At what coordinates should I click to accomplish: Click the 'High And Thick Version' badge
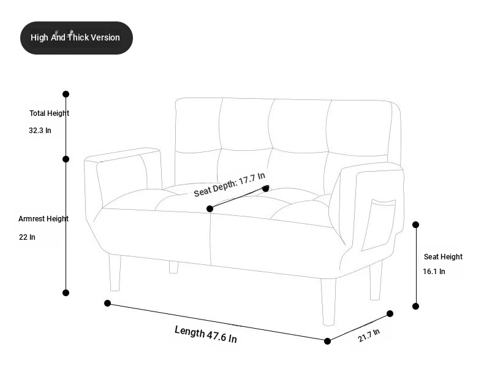point(77,37)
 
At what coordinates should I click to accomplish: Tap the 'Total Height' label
point(50,113)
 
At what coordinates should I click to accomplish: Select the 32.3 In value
point(40,131)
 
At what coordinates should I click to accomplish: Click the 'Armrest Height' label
point(43,219)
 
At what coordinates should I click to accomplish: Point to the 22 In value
point(27,237)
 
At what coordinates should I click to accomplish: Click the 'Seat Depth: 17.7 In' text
point(229,185)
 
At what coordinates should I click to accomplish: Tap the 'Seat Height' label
point(443,257)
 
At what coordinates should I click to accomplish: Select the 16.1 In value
point(434,271)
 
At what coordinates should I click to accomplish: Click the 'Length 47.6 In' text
point(206,334)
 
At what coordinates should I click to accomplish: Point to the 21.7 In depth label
point(369,335)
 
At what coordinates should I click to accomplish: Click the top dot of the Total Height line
point(66,94)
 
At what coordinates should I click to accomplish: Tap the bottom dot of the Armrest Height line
point(66,292)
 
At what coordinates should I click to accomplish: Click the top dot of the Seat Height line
point(416,224)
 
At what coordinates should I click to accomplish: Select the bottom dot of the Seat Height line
point(416,306)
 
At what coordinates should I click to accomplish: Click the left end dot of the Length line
point(107,303)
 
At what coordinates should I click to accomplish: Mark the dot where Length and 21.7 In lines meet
point(328,341)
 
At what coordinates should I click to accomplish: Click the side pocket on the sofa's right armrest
point(379,225)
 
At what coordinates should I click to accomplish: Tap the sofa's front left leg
point(115,272)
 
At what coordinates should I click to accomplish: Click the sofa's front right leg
point(328,302)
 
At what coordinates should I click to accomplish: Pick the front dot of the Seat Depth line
point(210,209)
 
